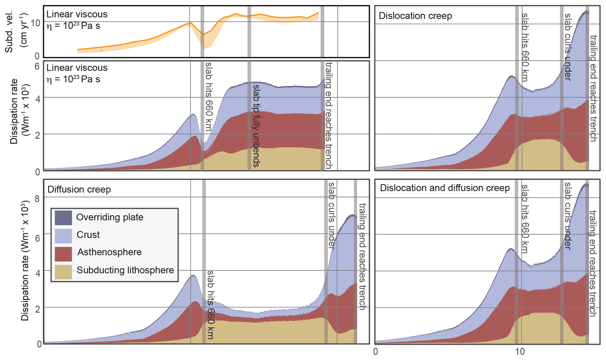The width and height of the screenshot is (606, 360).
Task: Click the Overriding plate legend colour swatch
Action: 63,218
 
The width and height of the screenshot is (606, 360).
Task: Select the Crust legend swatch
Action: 63,236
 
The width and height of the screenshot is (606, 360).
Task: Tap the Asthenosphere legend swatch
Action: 63,254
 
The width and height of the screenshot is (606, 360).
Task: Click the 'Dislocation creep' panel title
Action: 415,16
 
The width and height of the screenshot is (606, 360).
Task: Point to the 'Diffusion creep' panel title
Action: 79,190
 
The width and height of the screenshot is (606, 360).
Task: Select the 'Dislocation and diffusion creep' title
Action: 445,188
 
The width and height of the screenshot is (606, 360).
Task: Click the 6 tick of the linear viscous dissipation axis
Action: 37,66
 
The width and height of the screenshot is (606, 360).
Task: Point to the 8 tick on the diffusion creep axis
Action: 37,199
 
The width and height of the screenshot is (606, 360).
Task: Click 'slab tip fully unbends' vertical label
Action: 256,126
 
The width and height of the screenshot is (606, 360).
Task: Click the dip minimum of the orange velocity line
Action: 204,34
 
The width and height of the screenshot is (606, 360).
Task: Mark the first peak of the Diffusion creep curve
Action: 193,276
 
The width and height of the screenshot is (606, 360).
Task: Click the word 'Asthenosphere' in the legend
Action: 109,252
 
